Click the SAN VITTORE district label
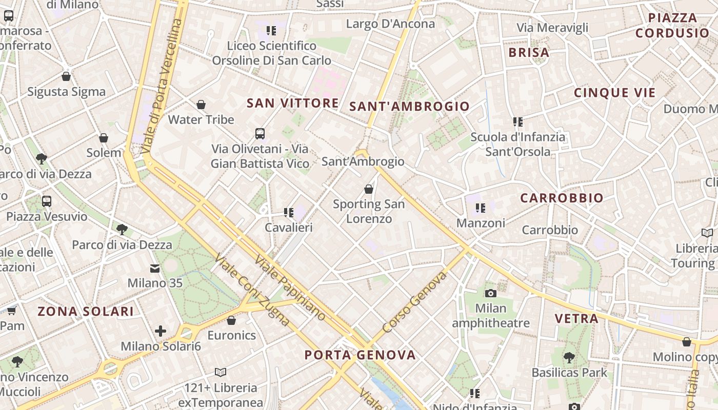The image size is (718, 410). coord(292,103)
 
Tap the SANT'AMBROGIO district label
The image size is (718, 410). coord(409,107)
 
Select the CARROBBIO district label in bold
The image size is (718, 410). coord(562,198)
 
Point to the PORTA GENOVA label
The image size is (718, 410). coord(360,355)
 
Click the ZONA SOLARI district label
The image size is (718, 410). coord(86,311)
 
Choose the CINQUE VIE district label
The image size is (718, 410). coord(614,93)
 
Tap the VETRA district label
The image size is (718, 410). coord(576,319)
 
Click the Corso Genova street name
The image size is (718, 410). coord(414,303)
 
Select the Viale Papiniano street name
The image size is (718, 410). coord(290,288)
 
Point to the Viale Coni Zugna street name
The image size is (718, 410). coord(252,289)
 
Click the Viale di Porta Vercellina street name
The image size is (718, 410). coord(162,87)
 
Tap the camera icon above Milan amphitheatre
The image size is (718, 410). coord(491,293)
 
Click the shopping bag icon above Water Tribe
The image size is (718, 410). coord(201,105)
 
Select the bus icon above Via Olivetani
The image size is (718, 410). coord(260,134)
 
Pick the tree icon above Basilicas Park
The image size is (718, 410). coord(569,357)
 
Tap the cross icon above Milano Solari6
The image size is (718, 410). coord(161,331)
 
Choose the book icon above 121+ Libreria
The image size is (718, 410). coord(221,372)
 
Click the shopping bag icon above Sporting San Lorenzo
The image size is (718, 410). coord(368,189)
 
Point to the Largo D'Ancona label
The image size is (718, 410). coord(390,24)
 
